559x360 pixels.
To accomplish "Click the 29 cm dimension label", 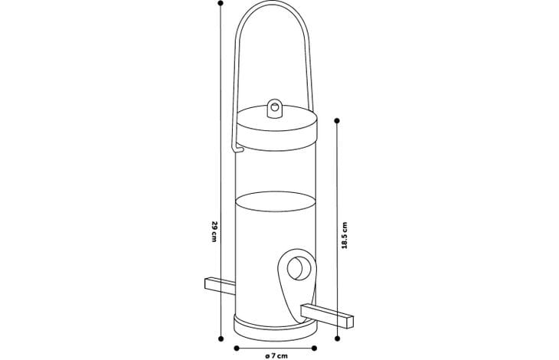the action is point(214,231).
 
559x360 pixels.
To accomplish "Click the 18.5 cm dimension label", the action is point(345,235).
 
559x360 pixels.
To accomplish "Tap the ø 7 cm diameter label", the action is point(276,355).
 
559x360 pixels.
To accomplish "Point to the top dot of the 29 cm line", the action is point(221,3).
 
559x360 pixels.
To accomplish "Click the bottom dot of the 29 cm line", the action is point(221,339).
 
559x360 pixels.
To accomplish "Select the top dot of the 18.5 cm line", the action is point(337,121).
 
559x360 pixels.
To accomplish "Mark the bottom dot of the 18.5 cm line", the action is point(338,339).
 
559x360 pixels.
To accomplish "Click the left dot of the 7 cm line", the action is point(237,349).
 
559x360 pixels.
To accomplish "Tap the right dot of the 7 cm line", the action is point(314,349).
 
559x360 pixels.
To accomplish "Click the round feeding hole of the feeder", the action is point(299,268).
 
